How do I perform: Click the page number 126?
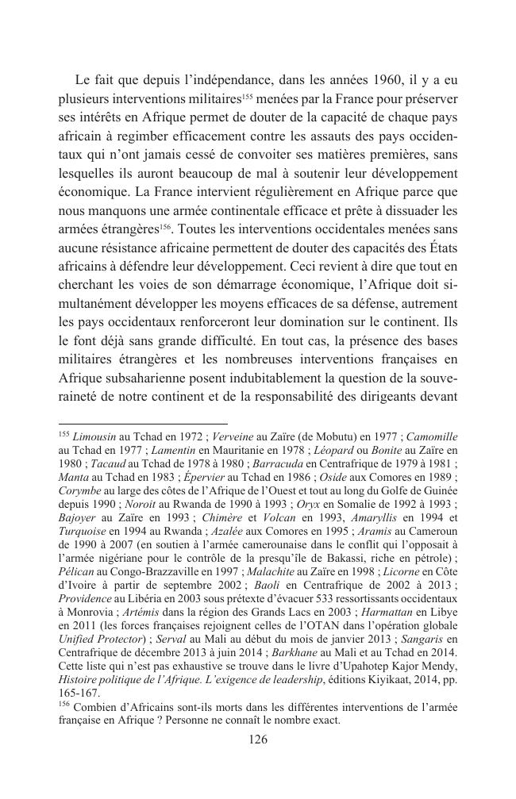point(258,739)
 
